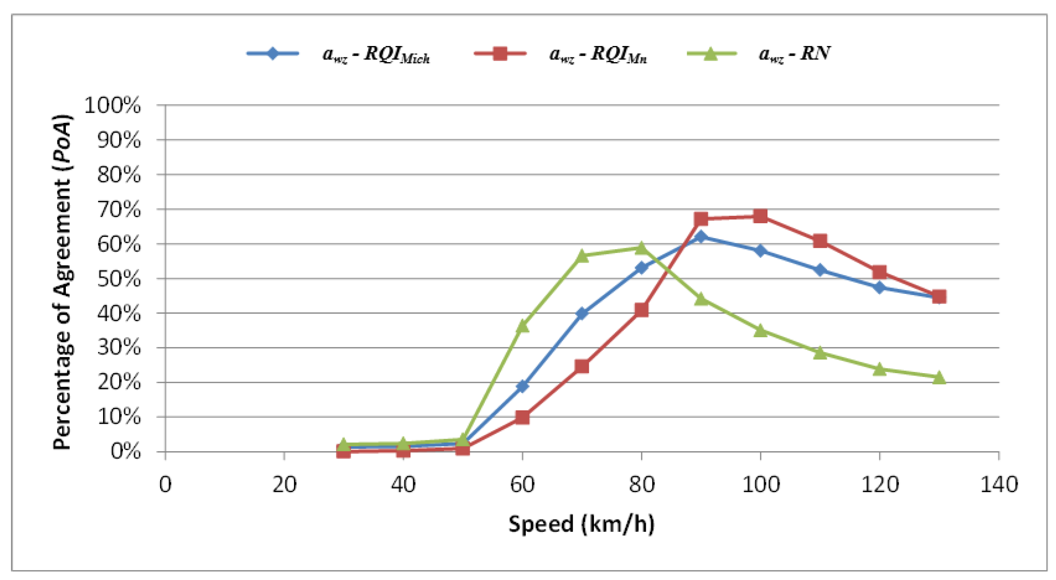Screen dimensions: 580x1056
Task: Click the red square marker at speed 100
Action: [x=760, y=217]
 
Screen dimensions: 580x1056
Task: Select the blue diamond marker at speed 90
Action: [x=701, y=236]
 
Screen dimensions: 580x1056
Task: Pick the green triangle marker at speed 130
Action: [x=939, y=377]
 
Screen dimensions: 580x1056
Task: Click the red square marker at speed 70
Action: [x=582, y=366]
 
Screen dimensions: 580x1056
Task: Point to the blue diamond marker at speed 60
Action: [x=523, y=386]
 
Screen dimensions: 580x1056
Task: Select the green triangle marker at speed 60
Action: [x=523, y=326]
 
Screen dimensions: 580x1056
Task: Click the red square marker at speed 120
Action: [x=879, y=272]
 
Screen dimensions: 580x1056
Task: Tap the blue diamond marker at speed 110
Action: [x=820, y=270]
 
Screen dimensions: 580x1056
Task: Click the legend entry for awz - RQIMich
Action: [x=338, y=54]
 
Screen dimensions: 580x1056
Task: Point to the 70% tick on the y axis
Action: [x=161, y=209]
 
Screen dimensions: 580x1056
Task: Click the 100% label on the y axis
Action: [x=112, y=105]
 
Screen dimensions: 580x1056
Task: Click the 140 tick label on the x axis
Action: [x=999, y=485]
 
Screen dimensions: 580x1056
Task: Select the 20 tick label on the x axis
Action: [x=284, y=485]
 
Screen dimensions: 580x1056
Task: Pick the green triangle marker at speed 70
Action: [x=582, y=256]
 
